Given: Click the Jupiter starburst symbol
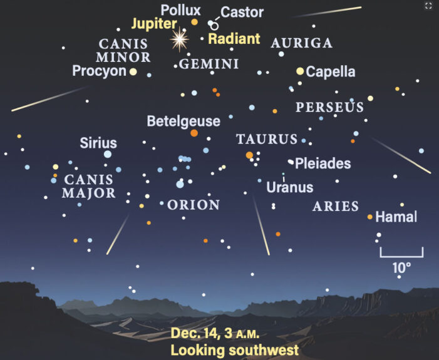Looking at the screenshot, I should coord(180,39).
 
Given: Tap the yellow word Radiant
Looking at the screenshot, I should coord(234,39).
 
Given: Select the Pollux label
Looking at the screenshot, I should coord(180,10).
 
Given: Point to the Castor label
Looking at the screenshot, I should coord(242,12).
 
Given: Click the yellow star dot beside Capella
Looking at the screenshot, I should coord(301,71).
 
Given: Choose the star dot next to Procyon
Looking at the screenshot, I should coord(133,72).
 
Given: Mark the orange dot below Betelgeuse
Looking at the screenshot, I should coord(194,133).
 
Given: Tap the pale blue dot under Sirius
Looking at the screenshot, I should coord(108,153).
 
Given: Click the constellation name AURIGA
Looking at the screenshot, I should coord(301,43).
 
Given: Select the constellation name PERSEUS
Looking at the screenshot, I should coord(329,108).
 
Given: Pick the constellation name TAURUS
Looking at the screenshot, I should coord(267,139).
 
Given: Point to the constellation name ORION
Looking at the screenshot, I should coord(194,205).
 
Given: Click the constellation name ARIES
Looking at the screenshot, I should coord(336,206).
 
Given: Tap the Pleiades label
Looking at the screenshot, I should coord(323,163).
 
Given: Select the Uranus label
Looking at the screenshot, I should coord(289,187).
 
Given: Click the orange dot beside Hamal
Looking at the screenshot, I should coord(370,217).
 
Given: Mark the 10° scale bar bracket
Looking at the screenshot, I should coord(401,253).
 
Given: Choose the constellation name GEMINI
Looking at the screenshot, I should coord(209,64).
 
